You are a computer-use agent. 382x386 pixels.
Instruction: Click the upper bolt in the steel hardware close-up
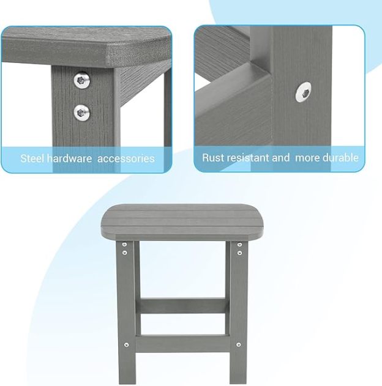point(81,80)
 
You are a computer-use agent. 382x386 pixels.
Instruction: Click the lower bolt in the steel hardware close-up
point(81,111)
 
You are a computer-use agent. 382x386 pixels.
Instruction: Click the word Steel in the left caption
point(32,158)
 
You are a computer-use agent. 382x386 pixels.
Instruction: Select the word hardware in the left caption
point(70,158)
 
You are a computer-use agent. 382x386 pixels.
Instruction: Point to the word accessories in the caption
point(126,158)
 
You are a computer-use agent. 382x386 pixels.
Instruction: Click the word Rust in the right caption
point(213,158)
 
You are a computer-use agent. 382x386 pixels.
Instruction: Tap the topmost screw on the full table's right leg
point(239,245)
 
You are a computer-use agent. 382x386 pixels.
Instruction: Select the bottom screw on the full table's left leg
point(126,345)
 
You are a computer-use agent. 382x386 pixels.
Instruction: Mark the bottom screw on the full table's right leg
point(239,345)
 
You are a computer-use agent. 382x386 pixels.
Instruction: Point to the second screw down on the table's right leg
point(239,252)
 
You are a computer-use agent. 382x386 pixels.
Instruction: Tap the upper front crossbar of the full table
point(182,305)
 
